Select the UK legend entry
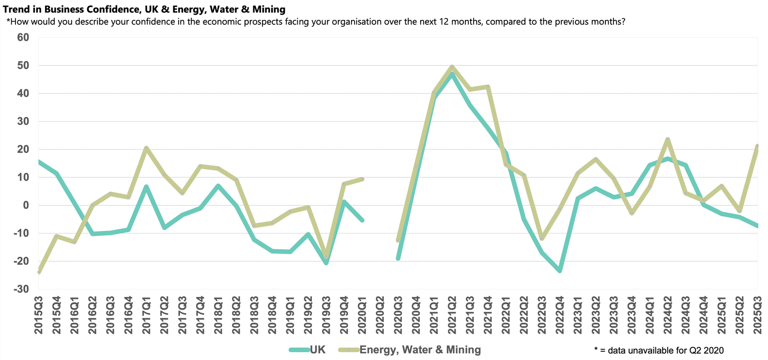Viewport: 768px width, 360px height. pyautogui.click(x=317, y=350)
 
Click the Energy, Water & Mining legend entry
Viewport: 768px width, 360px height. pyautogui.click(x=419, y=350)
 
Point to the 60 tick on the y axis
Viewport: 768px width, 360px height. pyautogui.click(x=23, y=37)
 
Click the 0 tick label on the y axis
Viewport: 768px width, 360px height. pyautogui.click(x=26, y=205)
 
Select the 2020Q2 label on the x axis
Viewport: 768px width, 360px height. pyautogui.click(x=380, y=314)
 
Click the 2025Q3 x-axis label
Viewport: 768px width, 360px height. pyautogui.click(x=757, y=314)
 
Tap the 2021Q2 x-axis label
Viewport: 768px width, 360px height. pyautogui.click(x=452, y=314)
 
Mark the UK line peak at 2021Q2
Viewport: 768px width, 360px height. pyautogui.click(x=452, y=74)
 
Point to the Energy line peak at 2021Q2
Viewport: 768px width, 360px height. pyautogui.click(x=452, y=67)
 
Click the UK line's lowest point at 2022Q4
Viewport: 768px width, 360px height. pyautogui.click(x=560, y=271)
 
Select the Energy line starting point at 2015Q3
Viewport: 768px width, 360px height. pyautogui.click(x=39, y=272)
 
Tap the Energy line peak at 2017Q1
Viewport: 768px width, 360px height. pyautogui.click(x=146, y=148)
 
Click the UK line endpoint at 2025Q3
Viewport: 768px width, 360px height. pyautogui.click(x=757, y=226)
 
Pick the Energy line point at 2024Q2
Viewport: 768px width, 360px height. pyautogui.click(x=668, y=140)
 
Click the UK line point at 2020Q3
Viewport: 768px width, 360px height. pyautogui.click(x=398, y=258)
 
